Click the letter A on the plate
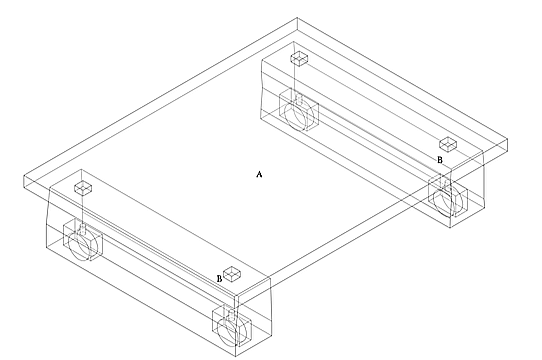click(x=259, y=174)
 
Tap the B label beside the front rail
click(x=219, y=278)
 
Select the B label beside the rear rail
click(x=440, y=160)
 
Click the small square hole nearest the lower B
click(x=233, y=274)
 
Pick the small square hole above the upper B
click(x=448, y=144)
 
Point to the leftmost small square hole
click(x=83, y=187)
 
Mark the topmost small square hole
click(x=299, y=58)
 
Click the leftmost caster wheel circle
click(x=80, y=246)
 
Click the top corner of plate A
click(x=297, y=18)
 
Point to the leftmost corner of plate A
click(x=24, y=176)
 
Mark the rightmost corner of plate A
click(x=507, y=140)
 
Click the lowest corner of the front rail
click(x=235, y=356)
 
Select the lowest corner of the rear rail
click(x=450, y=228)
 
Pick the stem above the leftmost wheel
click(x=83, y=229)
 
